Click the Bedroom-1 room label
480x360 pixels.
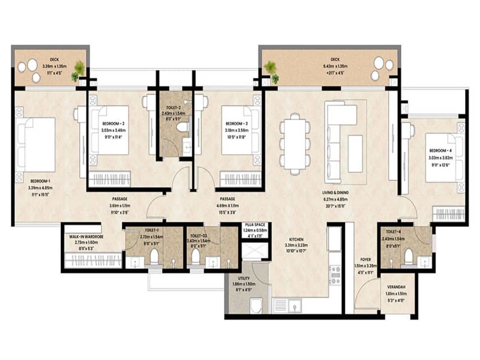click(40, 181)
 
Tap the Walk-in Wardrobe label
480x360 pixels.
click(86, 237)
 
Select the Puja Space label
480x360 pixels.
click(255, 225)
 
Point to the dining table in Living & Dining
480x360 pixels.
click(295, 144)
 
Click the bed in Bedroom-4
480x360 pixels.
click(444, 158)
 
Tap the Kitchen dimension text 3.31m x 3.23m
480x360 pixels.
click(296, 245)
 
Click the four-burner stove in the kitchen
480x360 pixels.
click(335, 275)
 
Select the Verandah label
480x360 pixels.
click(396, 287)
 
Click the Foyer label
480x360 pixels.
click(365, 259)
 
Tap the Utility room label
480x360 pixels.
click(244, 278)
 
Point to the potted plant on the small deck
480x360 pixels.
click(79, 68)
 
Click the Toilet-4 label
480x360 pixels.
click(393, 232)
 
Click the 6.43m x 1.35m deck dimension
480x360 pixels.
click(335, 66)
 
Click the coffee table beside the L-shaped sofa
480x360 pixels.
click(355, 154)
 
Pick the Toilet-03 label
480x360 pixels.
click(198, 236)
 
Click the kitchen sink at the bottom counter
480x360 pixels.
click(294, 306)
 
